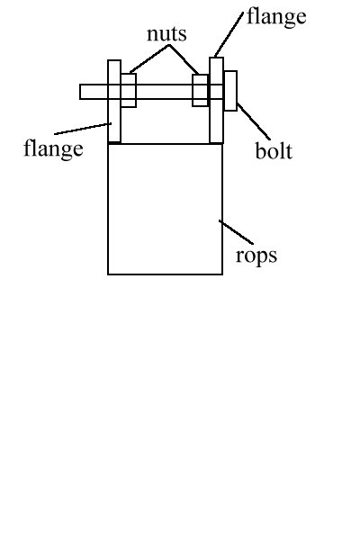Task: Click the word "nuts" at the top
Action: (166, 34)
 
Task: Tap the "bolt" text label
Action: (274, 150)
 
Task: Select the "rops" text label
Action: (256, 256)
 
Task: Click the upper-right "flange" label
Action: (276, 17)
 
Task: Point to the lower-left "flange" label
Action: (53, 148)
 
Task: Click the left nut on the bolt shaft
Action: (129, 90)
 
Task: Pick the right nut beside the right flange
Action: (200, 90)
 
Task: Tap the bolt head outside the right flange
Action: (230, 91)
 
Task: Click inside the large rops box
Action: (165, 209)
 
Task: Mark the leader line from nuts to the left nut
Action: (149, 58)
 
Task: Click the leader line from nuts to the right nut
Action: (184, 59)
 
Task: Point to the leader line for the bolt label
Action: (253, 121)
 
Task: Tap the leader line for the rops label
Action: (236, 232)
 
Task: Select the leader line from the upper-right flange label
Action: (229, 34)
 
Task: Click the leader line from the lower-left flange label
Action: (83, 129)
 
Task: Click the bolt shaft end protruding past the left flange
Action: (94, 92)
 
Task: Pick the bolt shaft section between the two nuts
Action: (165, 92)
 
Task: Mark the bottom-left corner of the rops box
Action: (108, 274)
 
